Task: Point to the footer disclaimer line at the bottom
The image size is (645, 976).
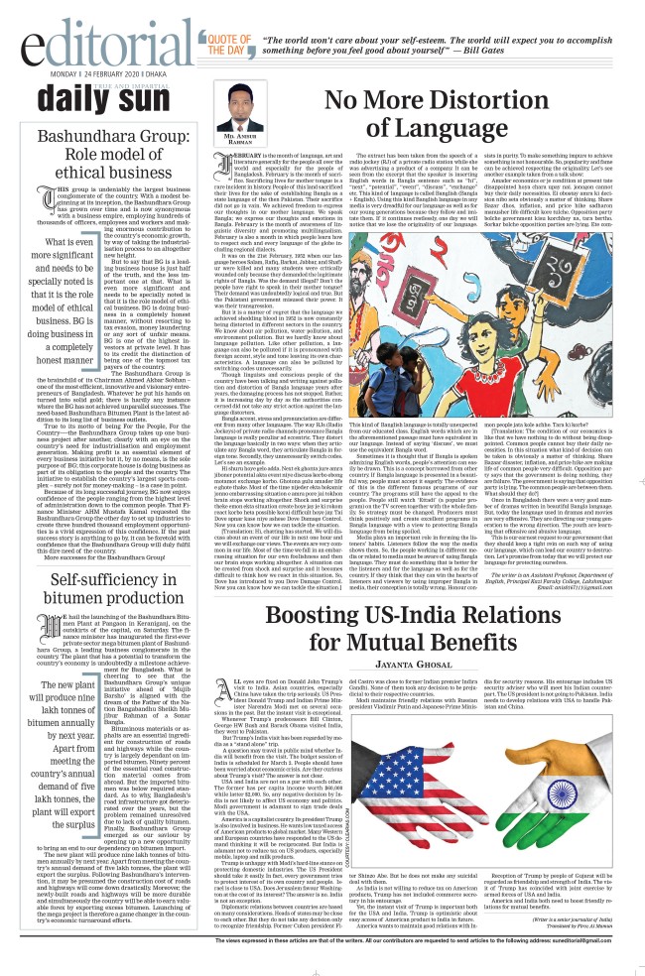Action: pos(322,966)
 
